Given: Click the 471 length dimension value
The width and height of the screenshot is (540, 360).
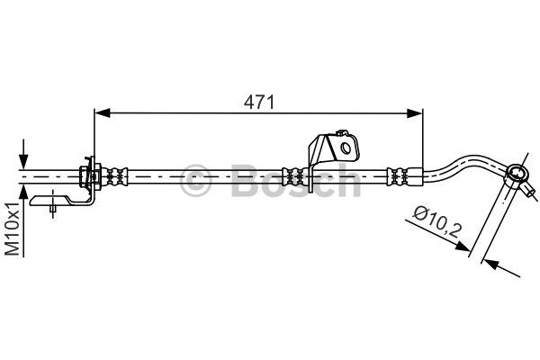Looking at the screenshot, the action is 259,102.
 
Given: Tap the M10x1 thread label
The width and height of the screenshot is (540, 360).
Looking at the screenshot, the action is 13,229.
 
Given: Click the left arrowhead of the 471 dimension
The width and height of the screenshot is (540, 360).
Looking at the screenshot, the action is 103,112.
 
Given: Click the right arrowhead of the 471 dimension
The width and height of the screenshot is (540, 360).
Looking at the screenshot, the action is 414,113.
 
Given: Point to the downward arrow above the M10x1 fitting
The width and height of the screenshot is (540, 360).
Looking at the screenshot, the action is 23,154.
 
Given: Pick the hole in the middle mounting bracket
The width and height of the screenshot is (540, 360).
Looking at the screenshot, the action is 346,148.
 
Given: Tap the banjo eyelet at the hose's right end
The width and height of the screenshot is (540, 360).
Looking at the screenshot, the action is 517,174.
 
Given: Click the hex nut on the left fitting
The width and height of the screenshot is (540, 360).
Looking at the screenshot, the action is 83,176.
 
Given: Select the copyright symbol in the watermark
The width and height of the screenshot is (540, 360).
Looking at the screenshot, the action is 195,181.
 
